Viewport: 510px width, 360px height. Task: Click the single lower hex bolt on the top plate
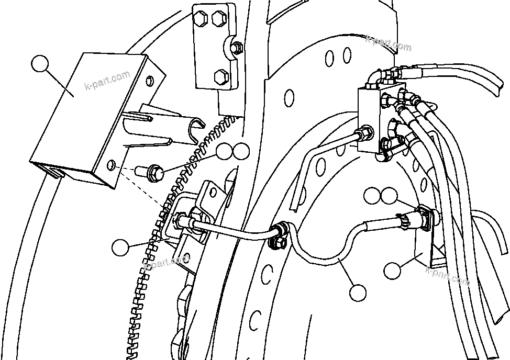220,77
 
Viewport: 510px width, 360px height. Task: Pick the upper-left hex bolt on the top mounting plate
201,20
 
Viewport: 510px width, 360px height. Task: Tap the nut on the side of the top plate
237,47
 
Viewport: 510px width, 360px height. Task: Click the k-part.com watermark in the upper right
389,42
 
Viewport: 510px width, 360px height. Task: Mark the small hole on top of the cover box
150,80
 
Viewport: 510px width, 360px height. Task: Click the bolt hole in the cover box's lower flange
112,166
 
